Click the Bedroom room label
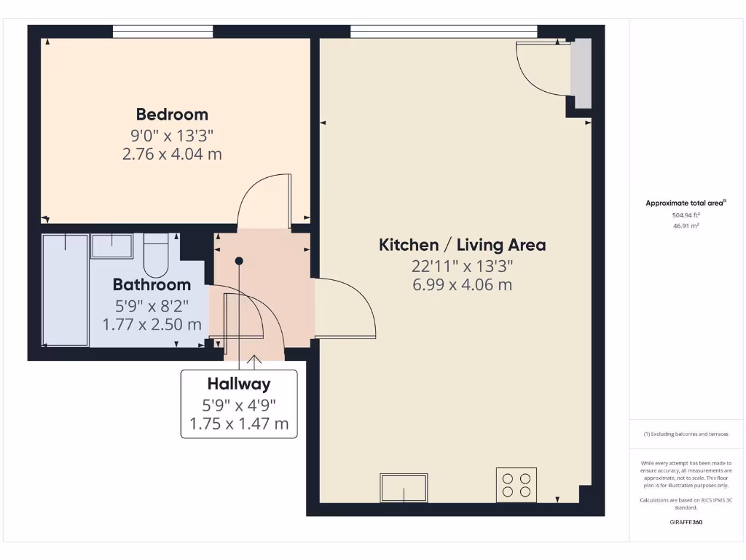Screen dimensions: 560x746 [172, 114]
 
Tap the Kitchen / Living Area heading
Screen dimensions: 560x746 [462, 245]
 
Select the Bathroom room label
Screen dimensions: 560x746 [152, 284]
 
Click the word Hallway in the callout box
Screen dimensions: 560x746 [239, 384]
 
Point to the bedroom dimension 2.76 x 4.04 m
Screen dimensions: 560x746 [172, 154]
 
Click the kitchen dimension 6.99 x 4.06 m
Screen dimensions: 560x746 [462, 284]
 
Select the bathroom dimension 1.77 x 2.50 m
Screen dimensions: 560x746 [152, 324]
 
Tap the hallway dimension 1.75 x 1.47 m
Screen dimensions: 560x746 [239, 424]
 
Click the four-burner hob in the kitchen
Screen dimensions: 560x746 [517, 485]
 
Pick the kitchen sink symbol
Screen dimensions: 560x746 [404, 487]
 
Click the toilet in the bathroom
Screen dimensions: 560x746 [156, 253]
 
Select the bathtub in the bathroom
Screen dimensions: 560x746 [66, 289]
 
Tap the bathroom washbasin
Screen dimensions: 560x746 [111, 246]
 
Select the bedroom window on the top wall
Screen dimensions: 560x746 [163, 31]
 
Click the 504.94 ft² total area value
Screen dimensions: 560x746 [685, 215]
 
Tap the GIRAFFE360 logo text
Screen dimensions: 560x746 [685, 522]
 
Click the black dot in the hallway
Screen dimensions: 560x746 [239, 260]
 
